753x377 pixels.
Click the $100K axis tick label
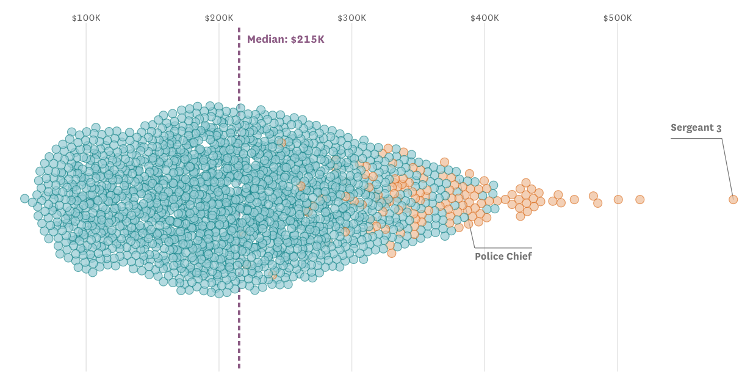coord(86,18)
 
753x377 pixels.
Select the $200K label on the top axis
coord(219,18)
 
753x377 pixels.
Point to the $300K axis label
coord(352,18)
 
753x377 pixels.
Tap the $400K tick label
coord(485,18)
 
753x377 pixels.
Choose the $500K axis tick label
coord(618,18)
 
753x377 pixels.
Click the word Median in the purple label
coord(267,40)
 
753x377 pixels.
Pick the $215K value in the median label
coord(308,40)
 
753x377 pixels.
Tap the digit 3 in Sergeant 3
coord(719,128)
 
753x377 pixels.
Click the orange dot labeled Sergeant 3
coord(733,199)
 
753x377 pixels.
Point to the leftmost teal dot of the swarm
coord(24,199)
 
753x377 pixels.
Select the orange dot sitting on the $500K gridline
coord(618,199)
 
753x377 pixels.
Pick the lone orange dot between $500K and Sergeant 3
coord(640,199)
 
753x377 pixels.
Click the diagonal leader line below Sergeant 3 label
coord(727,168)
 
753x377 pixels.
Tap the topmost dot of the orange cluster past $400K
coord(526,183)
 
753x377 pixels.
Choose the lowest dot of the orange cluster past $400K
coord(521,216)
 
